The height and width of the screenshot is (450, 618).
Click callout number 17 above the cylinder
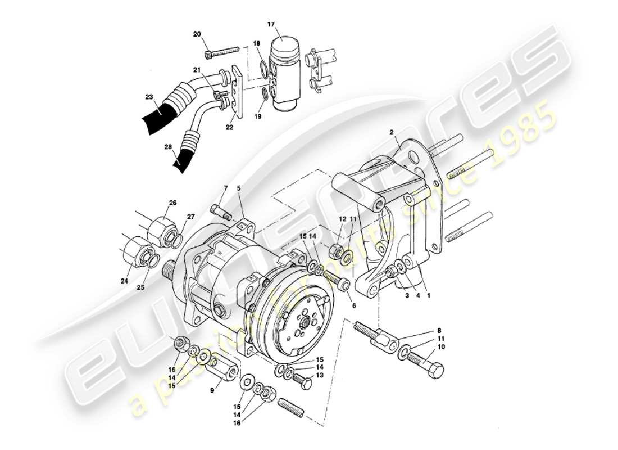click(271, 24)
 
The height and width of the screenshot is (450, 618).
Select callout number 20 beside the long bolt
click(197, 35)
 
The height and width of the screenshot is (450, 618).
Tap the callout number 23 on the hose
click(148, 97)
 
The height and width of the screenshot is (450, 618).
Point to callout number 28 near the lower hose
click(167, 147)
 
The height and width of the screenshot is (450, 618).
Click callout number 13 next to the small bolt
click(320, 375)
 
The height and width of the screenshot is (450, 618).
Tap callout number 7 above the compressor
click(225, 187)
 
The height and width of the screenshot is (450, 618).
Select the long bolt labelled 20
click(222, 51)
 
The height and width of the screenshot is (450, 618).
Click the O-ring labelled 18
click(263, 69)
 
